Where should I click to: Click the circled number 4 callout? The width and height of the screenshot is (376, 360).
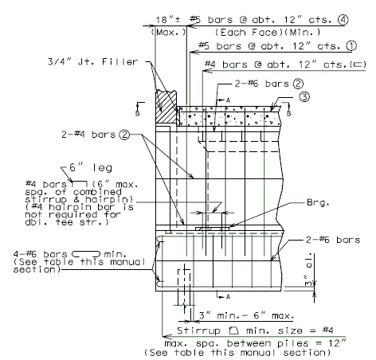click(343, 20)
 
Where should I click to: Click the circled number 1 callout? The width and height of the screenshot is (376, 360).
click(351, 46)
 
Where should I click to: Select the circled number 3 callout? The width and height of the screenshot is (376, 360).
click(304, 96)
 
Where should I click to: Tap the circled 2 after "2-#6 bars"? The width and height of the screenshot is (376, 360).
click(298, 84)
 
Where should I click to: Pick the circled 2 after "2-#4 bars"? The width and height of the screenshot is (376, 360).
click(124, 135)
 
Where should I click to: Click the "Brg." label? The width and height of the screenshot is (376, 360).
click(318, 202)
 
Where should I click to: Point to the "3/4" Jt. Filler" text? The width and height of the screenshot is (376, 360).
click(92, 62)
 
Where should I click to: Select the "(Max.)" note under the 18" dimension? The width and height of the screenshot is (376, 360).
click(169, 33)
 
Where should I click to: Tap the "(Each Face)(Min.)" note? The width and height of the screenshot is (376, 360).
click(268, 33)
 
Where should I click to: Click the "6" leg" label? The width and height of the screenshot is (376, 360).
click(91, 168)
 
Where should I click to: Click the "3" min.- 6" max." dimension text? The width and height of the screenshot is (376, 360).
click(246, 315)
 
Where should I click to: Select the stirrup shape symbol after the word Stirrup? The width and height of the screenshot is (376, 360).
click(234, 331)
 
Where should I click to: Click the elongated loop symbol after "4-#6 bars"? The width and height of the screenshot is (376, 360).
click(86, 254)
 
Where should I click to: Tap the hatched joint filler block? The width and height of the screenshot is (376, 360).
click(166, 107)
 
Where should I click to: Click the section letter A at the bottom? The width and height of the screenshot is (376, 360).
click(228, 297)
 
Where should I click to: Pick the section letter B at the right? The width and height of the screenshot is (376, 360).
click(288, 113)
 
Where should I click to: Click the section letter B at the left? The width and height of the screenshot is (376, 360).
click(137, 113)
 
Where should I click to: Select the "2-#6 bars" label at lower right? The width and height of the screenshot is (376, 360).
click(333, 240)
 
